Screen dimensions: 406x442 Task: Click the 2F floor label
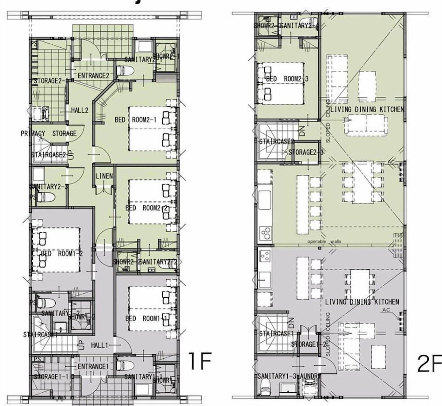click(x=428, y=364)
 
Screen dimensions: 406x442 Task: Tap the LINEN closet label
click(x=104, y=176)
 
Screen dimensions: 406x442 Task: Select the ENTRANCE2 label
click(x=93, y=76)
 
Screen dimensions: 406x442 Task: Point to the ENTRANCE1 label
click(x=93, y=367)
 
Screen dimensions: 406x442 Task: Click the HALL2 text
click(x=80, y=110)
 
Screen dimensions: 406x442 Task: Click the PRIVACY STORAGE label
click(x=49, y=133)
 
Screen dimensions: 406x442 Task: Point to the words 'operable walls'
click(x=324, y=241)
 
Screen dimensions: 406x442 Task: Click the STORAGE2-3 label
click(x=306, y=152)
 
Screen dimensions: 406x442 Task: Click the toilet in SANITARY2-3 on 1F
click(x=46, y=197)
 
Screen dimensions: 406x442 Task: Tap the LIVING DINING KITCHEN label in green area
click(x=367, y=109)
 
